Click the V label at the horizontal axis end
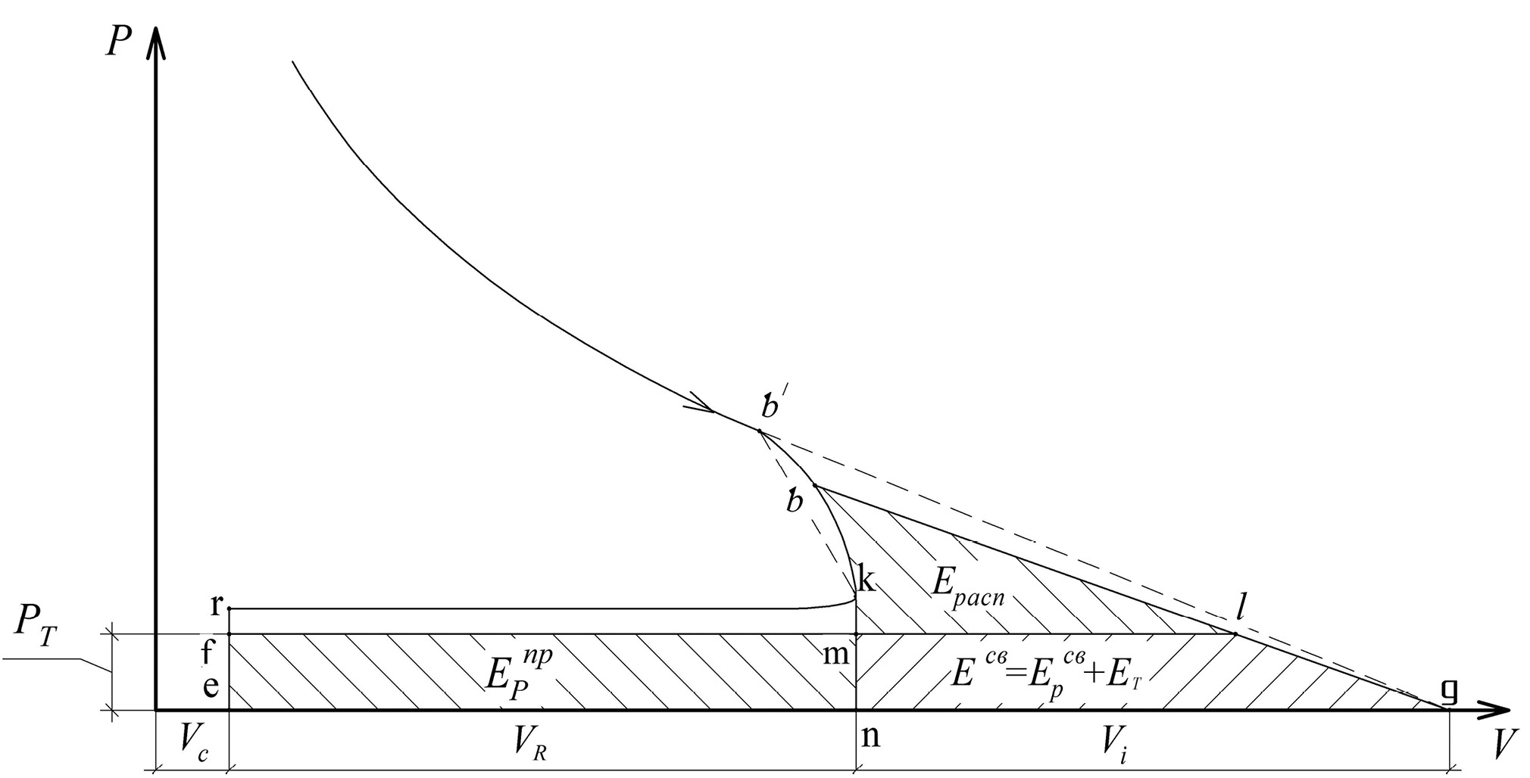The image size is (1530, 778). [x=1499, y=745]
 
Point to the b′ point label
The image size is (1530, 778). [x=773, y=406]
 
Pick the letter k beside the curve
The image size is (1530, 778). [x=866, y=580]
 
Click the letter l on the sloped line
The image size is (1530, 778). [x=1240, y=606]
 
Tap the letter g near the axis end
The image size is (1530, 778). [x=1448, y=690]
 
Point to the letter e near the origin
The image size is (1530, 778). [x=212, y=687]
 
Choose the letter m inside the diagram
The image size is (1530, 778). [x=836, y=653]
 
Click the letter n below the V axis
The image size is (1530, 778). [x=871, y=736]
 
